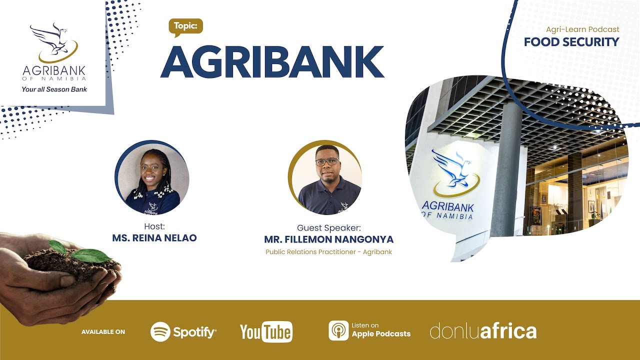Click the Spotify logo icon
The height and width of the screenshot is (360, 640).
click(x=160, y=332)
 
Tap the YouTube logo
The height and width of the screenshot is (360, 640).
click(x=266, y=332)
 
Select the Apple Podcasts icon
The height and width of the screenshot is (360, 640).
click(x=338, y=330)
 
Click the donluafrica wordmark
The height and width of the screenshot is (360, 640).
click(x=483, y=331)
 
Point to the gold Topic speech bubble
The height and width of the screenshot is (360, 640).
click(x=185, y=26)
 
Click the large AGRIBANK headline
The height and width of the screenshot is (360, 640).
click(x=272, y=62)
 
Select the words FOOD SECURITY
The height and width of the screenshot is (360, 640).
click(x=571, y=42)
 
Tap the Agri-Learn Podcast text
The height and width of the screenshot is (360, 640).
click(x=582, y=29)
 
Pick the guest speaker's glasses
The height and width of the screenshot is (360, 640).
click(x=327, y=162)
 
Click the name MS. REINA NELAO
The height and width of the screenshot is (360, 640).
click(x=154, y=238)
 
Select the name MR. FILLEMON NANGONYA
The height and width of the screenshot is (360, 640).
click(x=328, y=239)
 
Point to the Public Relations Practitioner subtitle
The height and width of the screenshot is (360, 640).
click(x=328, y=252)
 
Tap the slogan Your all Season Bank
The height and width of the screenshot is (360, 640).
click(x=54, y=89)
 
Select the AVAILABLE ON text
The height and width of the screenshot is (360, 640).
click(x=103, y=332)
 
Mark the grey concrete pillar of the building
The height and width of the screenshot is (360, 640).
click(x=506, y=170)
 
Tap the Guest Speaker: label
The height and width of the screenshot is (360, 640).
click(x=328, y=227)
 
